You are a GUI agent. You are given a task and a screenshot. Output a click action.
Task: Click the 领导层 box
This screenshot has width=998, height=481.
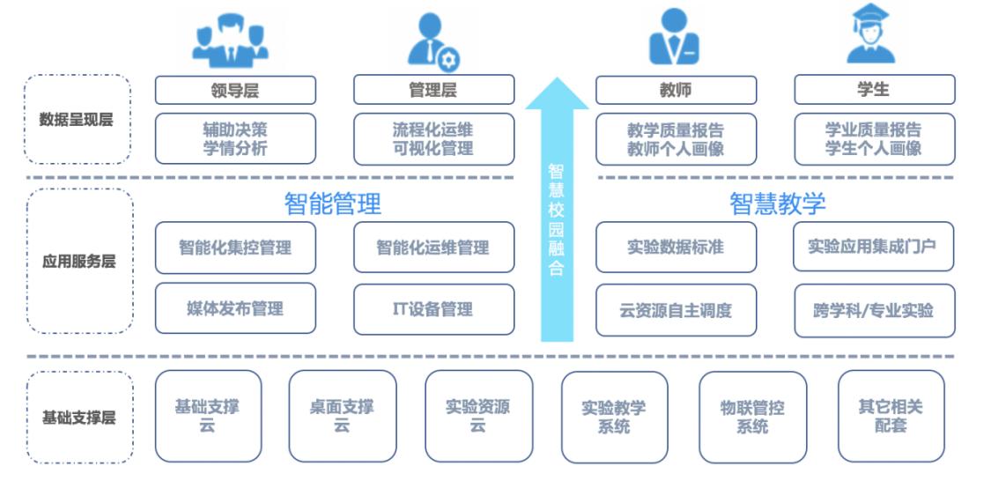tap(235, 90)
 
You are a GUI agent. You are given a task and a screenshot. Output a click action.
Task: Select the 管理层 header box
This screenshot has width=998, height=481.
tap(433, 90)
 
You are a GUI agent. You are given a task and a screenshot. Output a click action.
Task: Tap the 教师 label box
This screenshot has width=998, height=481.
tap(676, 90)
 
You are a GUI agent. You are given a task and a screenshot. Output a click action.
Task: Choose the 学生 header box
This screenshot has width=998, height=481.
tap(874, 90)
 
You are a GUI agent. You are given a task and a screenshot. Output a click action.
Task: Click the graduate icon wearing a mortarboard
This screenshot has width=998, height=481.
tap(870, 35)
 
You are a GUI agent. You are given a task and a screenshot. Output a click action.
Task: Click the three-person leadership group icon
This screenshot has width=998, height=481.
tap(231, 39)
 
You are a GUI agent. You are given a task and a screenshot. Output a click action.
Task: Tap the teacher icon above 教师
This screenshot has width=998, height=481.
tap(674, 37)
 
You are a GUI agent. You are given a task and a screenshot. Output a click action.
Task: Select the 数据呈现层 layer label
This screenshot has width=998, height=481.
tap(78, 120)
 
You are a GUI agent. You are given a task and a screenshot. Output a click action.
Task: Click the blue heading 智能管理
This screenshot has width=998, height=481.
tap(333, 204)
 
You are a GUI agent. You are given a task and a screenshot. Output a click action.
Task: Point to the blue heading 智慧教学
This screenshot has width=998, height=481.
tap(778, 204)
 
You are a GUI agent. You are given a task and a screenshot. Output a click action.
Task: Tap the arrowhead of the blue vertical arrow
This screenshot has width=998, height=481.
tap(557, 93)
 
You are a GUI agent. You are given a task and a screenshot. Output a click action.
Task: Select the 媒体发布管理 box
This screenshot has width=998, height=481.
tap(235, 309)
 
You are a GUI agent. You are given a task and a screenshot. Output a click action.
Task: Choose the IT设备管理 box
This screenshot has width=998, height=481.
tap(433, 309)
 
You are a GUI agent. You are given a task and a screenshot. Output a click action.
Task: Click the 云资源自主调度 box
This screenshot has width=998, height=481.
tap(676, 310)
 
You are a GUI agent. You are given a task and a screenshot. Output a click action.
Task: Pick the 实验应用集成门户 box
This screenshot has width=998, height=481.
tap(874, 247)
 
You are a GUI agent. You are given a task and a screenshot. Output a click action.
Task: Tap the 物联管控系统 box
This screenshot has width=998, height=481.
tap(752, 417)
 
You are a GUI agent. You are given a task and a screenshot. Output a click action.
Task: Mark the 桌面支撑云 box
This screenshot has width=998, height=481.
tap(342, 417)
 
